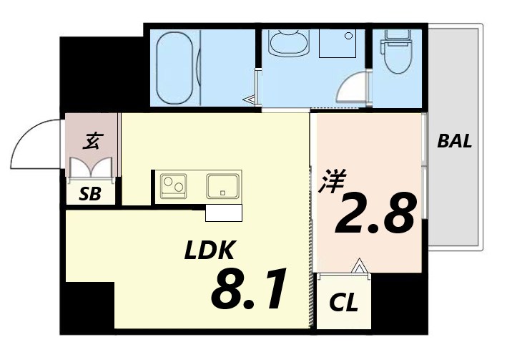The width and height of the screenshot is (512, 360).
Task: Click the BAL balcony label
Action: (x=455, y=141)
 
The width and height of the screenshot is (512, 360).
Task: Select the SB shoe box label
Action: (x=90, y=193)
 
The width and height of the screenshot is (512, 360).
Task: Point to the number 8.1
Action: (x=249, y=290)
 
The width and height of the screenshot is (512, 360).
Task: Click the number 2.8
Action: (x=374, y=213)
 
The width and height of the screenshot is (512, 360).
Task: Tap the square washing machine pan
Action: (x=338, y=43)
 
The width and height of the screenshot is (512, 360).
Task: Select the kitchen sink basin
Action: (x=223, y=185)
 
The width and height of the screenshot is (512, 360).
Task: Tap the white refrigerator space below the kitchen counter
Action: (x=224, y=213)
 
